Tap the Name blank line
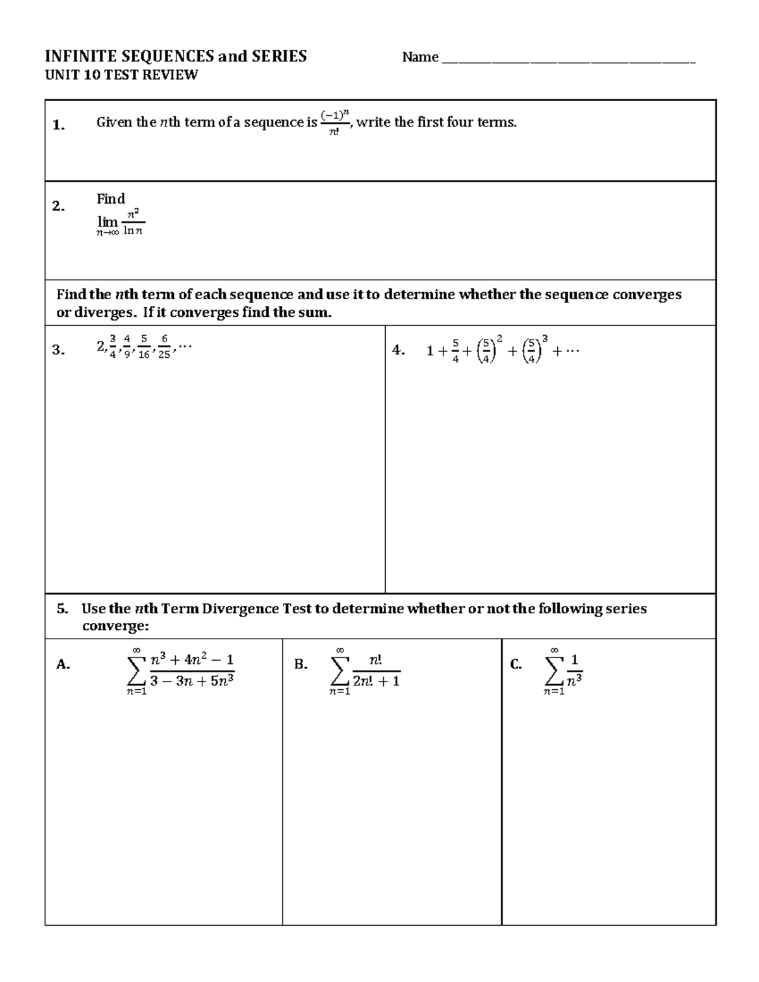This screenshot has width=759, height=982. click(567, 61)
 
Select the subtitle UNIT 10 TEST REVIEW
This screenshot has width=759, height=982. click(121, 75)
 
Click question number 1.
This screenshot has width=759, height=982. click(58, 125)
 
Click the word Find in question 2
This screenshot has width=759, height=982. click(111, 199)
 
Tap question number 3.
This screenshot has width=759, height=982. click(58, 350)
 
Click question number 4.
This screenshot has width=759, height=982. click(398, 350)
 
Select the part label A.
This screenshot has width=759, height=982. click(63, 664)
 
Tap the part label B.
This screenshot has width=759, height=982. click(300, 664)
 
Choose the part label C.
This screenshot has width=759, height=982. click(515, 664)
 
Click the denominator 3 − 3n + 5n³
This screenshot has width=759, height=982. click(192, 682)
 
